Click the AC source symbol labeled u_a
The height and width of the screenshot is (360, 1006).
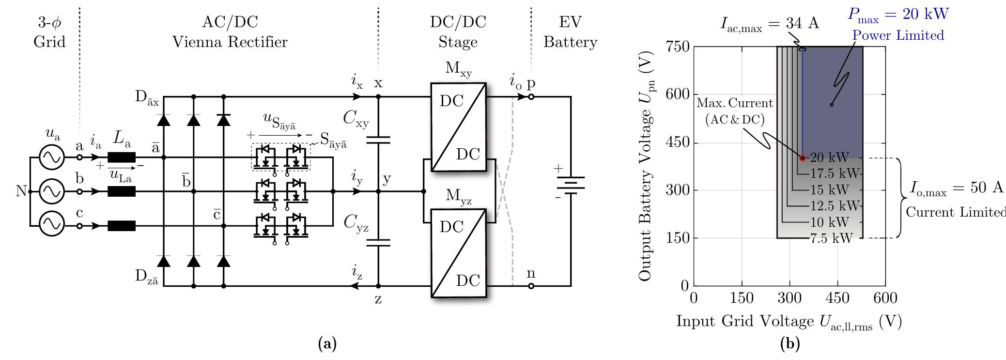pos(51,157)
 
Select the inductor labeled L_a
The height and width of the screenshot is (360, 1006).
pos(121,157)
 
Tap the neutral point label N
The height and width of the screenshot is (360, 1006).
pos(20,191)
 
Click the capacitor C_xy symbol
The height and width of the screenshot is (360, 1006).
pos(378,140)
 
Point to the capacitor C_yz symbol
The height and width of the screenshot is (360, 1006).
pos(378,242)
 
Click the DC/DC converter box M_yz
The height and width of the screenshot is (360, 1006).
pos(458,252)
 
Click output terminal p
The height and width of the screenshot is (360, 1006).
pos(531,97)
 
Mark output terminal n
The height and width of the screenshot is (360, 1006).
pos(531,286)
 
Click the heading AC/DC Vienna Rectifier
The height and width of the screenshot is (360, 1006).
pos(230,32)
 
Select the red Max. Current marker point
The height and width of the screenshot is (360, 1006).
pos(802,158)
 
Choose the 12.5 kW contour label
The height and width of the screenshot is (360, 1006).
pos(834,206)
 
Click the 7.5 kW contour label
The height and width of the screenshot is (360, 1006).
pos(832,238)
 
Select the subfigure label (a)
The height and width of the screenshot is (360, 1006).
pos(326,344)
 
